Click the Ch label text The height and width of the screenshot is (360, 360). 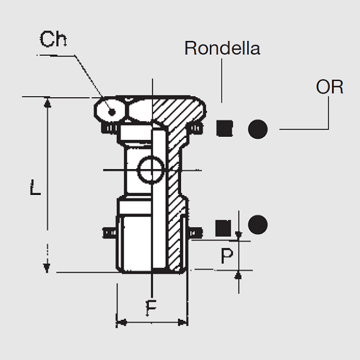53,40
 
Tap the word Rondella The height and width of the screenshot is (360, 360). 222,48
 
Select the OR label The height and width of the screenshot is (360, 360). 329,86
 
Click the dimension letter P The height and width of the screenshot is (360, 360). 226,256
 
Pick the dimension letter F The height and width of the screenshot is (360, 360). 152,307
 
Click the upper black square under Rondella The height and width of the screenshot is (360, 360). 224,127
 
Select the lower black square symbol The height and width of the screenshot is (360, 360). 223,227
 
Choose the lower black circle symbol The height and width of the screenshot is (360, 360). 257,225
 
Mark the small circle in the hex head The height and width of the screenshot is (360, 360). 112,110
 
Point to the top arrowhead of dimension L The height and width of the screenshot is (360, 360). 46,102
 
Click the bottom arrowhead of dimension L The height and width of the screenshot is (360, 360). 46,266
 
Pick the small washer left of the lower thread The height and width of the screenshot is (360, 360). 109,231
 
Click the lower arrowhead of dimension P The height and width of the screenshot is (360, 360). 238,274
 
